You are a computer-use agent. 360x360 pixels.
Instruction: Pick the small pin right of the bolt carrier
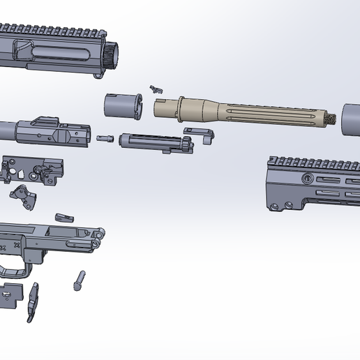point(105,138)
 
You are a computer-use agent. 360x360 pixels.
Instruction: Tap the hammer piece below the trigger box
point(26,197)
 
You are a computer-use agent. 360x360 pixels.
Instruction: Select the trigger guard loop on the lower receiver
point(15,269)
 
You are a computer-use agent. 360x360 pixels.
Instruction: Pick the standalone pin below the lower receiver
point(80,279)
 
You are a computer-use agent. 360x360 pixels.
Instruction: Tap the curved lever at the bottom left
point(32,303)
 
